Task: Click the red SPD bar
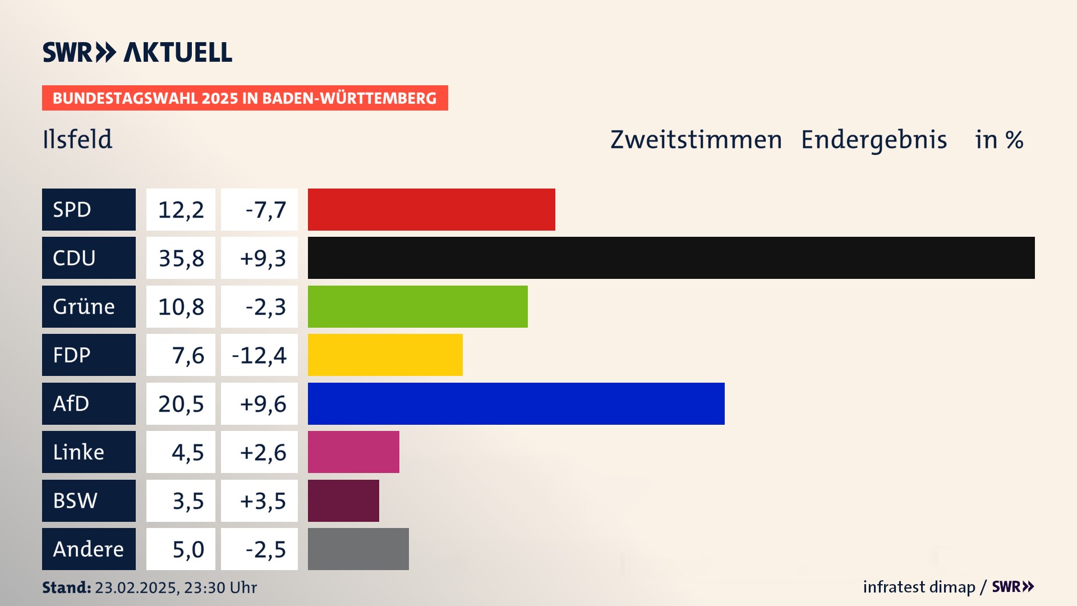click(x=431, y=209)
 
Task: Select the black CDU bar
click(x=671, y=258)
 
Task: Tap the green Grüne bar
click(x=417, y=306)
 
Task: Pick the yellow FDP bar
click(x=385, y=355)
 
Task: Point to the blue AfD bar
click(x=516, y=403)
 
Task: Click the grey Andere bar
click(x=358, y=549)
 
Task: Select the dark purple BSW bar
click(x=343, y=501)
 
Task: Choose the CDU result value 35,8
click(x=181, y=258)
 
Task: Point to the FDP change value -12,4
click(x=259, y=355)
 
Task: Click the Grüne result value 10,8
click(x=181, y=306)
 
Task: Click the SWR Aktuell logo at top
click(x=137, y=52)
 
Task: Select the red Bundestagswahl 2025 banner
click(x=245, y=98)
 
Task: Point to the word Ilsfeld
click(x=77, y=139)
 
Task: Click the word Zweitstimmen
click(x=696, y=140)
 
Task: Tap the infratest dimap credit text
click(x=918, y=587)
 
